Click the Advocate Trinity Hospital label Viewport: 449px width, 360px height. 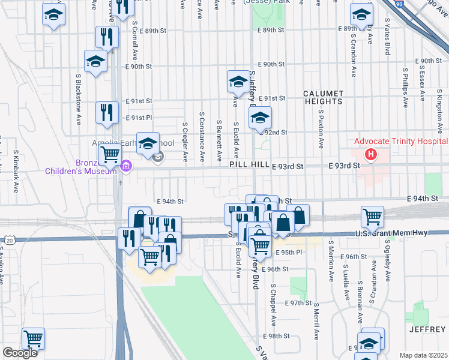(x=401, y=142)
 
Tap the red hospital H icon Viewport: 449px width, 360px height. (x=371, y=155)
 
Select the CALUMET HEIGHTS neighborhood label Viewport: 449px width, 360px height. (x=323, y=97)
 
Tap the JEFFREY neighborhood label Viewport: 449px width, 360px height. (x=428, y=329)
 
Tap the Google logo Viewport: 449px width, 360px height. (x=20, y=353)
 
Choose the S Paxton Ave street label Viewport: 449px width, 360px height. (x=321, y=128)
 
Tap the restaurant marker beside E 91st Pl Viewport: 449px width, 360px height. (x=107, y=112)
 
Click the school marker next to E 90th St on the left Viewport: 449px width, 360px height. (x=95, y=62)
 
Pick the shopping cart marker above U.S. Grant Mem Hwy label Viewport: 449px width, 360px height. (x=373, y=217)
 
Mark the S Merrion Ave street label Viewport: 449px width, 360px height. (x=330, y=262)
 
